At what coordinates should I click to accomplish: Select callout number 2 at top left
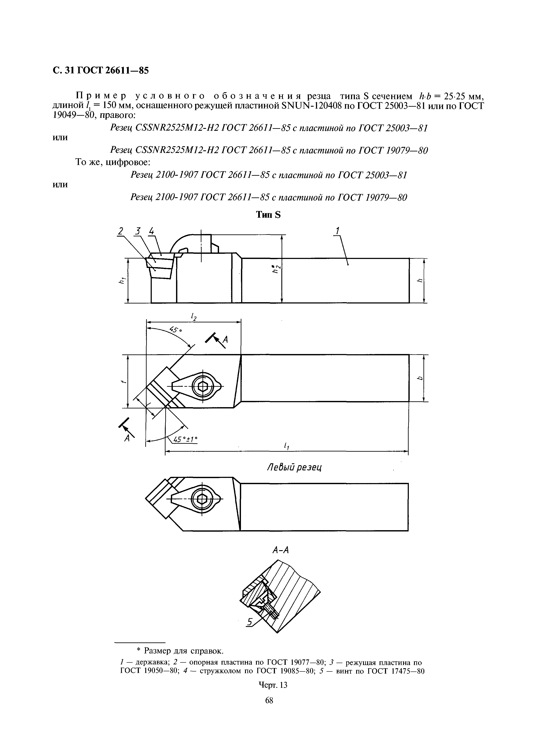[121, 231]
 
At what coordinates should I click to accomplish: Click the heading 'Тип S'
[268, 215]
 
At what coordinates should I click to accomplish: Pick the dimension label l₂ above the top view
[194, 317]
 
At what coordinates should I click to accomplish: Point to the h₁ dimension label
[122, 281]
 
